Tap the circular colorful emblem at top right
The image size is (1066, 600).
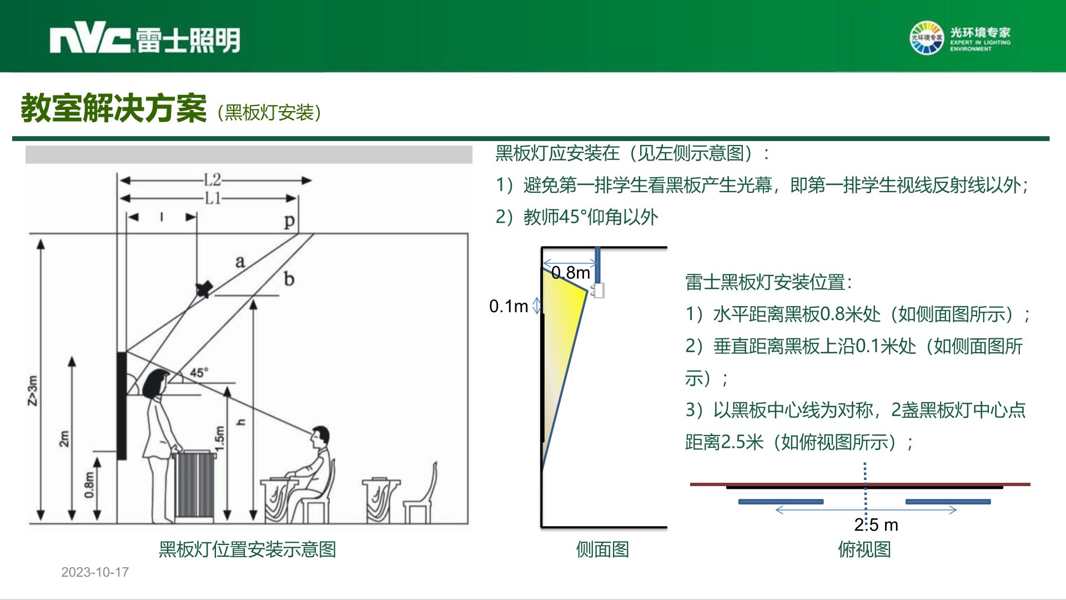(x=926, y=38)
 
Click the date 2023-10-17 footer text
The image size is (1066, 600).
(x=95, y=572)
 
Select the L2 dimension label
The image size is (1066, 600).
(x=212, y=180)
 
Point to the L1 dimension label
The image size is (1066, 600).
(x=213, y=198)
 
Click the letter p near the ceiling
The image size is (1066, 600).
(x=289, y=222)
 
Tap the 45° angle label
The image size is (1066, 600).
(x=199, y=372)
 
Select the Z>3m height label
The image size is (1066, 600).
(x=33, y=391)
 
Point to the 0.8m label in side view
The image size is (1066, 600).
(x=571, y=273)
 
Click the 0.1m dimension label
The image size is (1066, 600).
(x=509, y=306)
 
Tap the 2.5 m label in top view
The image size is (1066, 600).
(x=876, y=524)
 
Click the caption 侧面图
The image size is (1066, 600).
(x=602, y=549)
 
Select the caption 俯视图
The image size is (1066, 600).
(x=864, y=549)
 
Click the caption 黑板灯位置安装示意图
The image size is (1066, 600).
(x=247, y=549)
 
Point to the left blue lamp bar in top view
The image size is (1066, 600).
(x=781, y=502)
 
